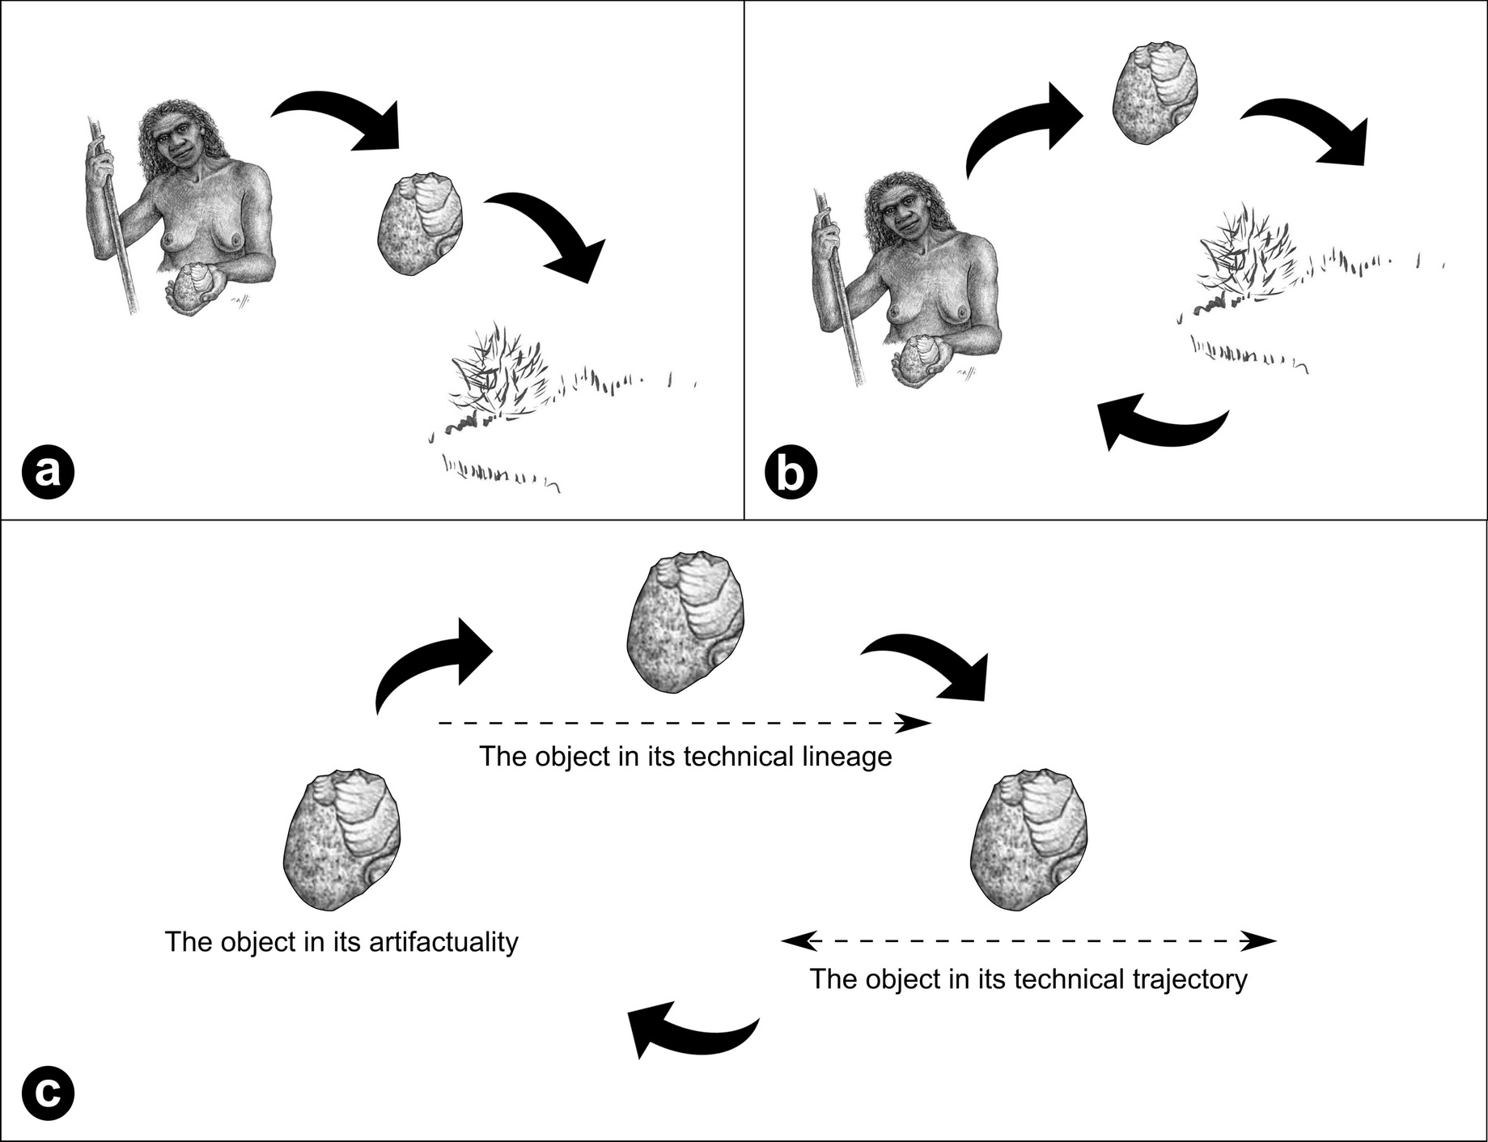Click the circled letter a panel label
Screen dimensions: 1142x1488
48,472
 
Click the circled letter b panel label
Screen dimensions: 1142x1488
791,472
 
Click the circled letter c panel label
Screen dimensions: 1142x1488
48,1094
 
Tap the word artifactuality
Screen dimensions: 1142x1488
443,942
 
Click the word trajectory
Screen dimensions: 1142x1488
1187,979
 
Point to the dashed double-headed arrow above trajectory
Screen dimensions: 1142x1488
1028,940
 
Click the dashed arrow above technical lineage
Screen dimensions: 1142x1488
685,723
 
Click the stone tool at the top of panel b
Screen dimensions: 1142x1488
1154,92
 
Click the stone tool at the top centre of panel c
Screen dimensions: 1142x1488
685,621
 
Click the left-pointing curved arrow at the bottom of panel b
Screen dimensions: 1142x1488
1166,422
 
